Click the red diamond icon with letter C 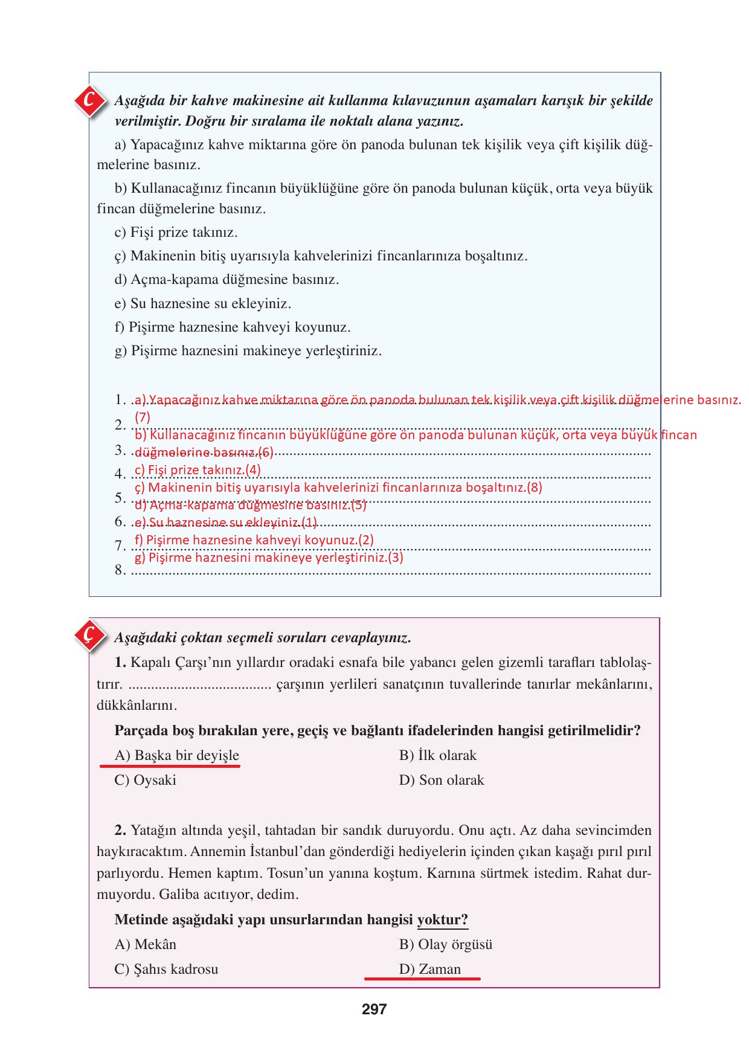(x=89, y=102)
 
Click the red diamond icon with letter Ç (x=89, y=636)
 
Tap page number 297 (x=374, y=1009)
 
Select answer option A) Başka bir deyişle (x=177, y=756)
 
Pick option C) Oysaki (x=146, y=781)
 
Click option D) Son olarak (x=442, y=781)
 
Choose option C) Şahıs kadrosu (x=167, y=970)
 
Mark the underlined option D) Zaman (x=429, y=970)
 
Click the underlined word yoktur (x=442, y=920)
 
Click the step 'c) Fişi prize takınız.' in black (x=176, y=233)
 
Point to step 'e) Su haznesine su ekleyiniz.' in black (x=203, y=304)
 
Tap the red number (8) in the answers (x=535, y=488)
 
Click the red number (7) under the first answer (x=143, y=417)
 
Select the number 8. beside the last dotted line (x=120, y=570)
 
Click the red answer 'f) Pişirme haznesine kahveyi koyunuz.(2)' (x=254, y=540)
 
